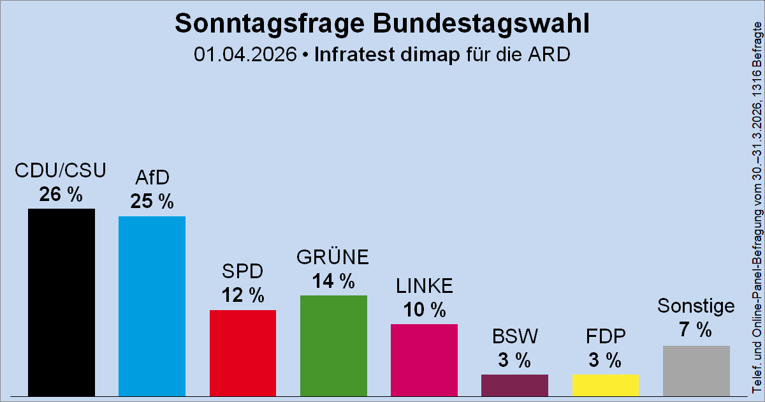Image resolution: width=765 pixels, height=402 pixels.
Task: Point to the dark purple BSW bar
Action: pos(514,384)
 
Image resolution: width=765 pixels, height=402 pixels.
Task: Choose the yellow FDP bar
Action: pos(605,384)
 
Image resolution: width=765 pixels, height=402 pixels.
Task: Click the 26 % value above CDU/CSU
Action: pos(61,195)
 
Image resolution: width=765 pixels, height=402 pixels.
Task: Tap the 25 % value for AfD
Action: pos(152,202)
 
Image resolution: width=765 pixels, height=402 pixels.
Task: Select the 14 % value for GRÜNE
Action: pos(333,281)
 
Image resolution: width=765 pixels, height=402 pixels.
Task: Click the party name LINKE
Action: pos(424,287)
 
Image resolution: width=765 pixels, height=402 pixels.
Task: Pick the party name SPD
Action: pos(243,272)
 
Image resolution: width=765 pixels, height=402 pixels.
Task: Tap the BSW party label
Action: pos(514,336)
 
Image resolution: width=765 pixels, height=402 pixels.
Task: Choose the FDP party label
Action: pos(605,336)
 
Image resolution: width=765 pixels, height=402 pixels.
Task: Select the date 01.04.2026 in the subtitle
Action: pos(245,54)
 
